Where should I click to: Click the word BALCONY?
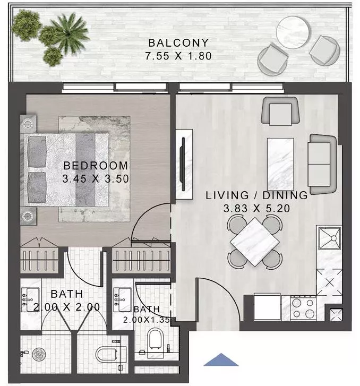pyautogui.click(x=171, y=42)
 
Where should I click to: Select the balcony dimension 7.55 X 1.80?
pyautogui.click(x=171, y=55)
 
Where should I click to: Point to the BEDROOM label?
pyautogui.click(x=96, y=166)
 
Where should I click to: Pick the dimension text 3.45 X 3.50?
pyautogui.click(x=96, y=179)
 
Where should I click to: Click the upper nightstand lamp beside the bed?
pyautogui.click(x=28, y=123)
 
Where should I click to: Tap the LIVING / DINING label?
pyautogui.click(x=256, y=195)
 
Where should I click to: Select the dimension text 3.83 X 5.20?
pyautogui.click(x=256, y=208)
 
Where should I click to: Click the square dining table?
pyautogui.click(x=254, y=242)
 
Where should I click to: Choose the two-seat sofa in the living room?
pyautogui.click(x=322, y=164)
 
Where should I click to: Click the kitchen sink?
pyautogui.click(x=329, y=239)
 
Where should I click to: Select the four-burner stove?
pyautogui.click(x=303, y=307)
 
